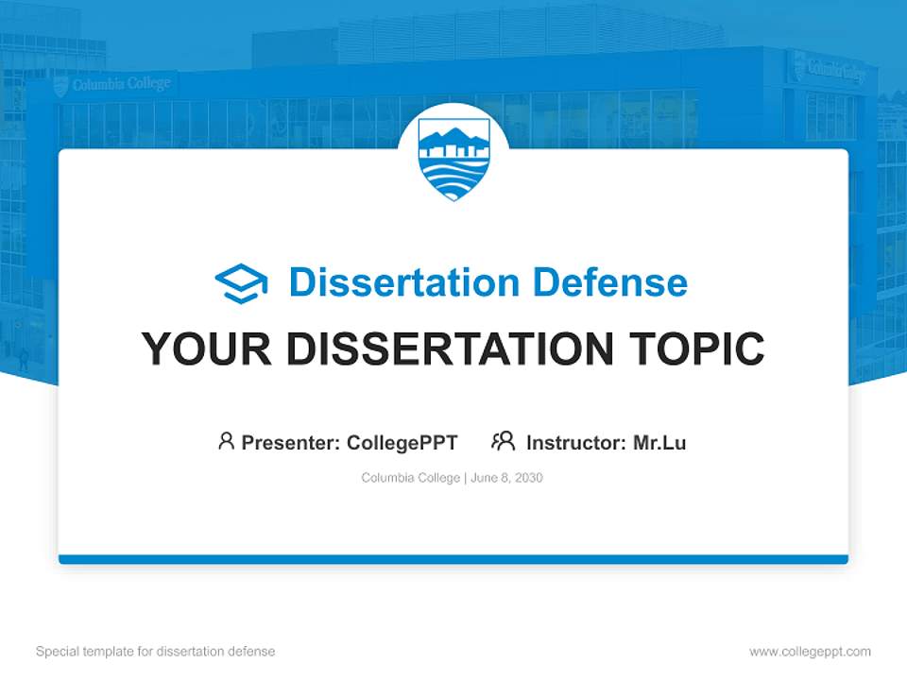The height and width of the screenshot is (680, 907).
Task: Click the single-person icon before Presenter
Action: pos(226,441)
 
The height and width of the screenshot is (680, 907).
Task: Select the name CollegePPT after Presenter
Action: pos(402,442)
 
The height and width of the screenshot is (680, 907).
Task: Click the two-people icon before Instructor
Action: pos(503,441)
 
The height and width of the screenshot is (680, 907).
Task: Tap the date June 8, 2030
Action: pos(506,478)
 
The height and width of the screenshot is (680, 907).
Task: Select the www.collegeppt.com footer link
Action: pos(810,652)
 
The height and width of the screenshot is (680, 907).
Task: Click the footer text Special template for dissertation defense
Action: pos(156,652)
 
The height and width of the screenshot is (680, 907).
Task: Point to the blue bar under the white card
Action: pos(453,559)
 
